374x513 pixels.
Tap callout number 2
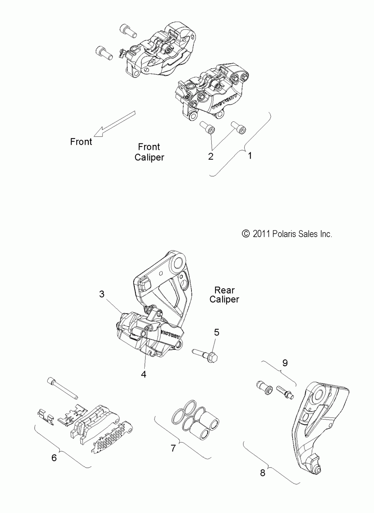(x=211, y=156)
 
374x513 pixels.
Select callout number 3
(x=102, y=294)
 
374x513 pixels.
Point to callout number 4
(x=144, y=374)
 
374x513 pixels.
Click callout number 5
(x=217, y=332)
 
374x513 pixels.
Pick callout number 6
(x=54, y=457)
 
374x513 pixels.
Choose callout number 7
(x=173, y=448)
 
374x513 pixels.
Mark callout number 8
(x=263, y=473)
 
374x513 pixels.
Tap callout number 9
(x=285, y=362)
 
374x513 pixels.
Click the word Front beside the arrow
(x=81, y=142)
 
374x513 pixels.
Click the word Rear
(x=224, y=290)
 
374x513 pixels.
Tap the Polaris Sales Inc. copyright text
(x=287, y=234)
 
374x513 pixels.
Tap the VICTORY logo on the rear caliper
(x=171, y=333)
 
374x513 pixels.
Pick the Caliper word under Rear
(x=224, y=299)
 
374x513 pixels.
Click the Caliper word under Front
(x=149, y=157)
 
